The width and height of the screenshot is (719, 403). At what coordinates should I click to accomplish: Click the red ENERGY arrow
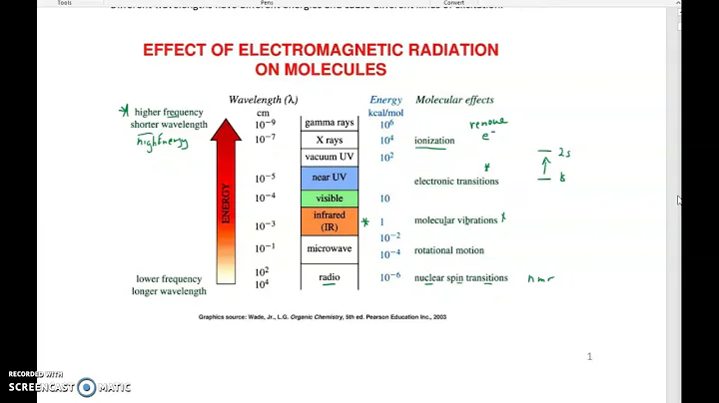(226, 200)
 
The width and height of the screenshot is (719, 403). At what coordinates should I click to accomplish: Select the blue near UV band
(329, 178)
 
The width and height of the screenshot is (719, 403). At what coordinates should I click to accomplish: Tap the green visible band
(329, 199)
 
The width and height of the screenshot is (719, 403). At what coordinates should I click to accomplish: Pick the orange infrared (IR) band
(329, 220)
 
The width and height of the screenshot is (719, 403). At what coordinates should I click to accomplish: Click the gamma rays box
(329, 123)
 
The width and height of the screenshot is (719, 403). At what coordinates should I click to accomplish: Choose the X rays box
(329, 140)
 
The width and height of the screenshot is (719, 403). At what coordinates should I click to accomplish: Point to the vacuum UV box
(329, 157)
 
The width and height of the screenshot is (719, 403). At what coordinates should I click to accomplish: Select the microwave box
(329, 248)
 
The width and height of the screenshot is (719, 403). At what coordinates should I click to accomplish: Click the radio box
(329, 277)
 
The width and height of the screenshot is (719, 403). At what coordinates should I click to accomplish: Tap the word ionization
(434, 141)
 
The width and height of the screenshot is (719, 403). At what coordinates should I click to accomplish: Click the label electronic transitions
(456, 182)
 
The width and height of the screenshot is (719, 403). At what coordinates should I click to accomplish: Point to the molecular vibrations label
(455, 220)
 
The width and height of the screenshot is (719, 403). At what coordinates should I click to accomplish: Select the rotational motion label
(448, 250)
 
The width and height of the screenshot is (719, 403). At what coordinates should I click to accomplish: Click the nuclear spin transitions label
(460, 278)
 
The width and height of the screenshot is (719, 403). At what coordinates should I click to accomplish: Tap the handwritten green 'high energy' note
(163, 143)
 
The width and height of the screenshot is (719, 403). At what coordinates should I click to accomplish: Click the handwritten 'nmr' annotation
(540, 279)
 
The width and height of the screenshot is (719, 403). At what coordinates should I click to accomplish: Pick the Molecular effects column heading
(453, 100)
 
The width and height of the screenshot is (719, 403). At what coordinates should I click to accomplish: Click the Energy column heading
(385, 100)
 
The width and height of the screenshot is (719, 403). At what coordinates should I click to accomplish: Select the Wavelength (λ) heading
(263, 100)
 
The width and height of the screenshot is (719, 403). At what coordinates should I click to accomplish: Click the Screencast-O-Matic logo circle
(87, 387)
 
